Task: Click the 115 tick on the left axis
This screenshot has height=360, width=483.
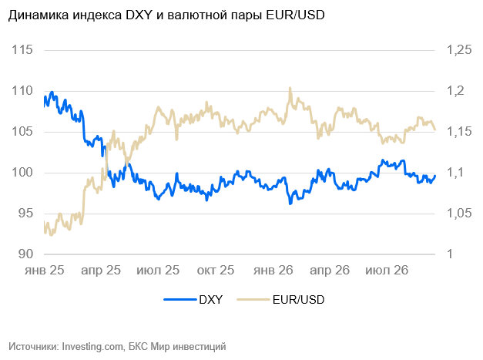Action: [22, 49]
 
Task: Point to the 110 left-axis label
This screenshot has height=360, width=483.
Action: [22, 91]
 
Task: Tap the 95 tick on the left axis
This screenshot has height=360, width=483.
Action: [25, 213]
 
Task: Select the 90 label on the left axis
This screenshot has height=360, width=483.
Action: [25, 254]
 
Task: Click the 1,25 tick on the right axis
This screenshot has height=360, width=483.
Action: [459, 49]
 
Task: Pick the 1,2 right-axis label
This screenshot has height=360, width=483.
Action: [455, 91]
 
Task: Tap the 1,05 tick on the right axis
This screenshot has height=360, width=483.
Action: [459, 213]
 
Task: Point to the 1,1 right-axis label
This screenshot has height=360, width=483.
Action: [455, 173]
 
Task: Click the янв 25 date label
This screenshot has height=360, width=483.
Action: [45, 271]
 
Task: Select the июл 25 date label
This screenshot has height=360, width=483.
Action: [158, 271]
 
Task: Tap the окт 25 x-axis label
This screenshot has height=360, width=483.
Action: [216, 271]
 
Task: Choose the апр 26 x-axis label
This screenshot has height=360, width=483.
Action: [330, 271]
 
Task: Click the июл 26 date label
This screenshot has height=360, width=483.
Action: [387, 271]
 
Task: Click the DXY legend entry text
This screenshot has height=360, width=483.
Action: [211, 300]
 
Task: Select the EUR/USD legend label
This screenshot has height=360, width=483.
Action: [298, 300]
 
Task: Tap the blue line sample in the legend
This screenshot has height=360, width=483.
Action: [180, 299]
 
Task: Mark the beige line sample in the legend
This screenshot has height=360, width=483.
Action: [253, 299]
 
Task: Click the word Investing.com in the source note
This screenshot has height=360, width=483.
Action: [92, 346]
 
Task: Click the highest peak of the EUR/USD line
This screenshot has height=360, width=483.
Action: [290, 89]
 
